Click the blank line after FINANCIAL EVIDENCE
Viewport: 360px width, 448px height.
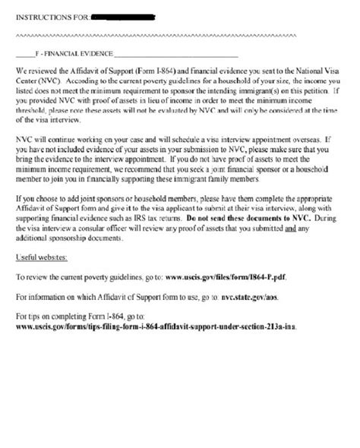(x=175, y=55)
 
